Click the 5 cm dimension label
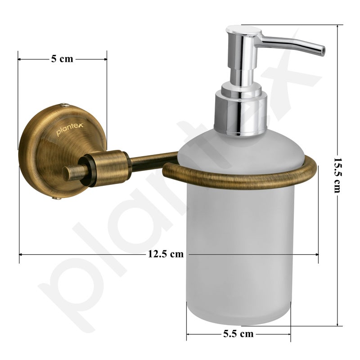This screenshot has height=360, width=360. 62,59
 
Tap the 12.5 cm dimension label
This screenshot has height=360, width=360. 166,254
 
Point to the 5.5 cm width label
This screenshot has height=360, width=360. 238,334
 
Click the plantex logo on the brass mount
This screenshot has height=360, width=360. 67,130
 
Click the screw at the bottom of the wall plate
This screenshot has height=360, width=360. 55,197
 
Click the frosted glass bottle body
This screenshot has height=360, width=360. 238,252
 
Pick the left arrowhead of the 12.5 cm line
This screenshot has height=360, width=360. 21,255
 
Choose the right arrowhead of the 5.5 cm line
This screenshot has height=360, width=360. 289,334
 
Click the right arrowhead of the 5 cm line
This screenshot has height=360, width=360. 105,59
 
